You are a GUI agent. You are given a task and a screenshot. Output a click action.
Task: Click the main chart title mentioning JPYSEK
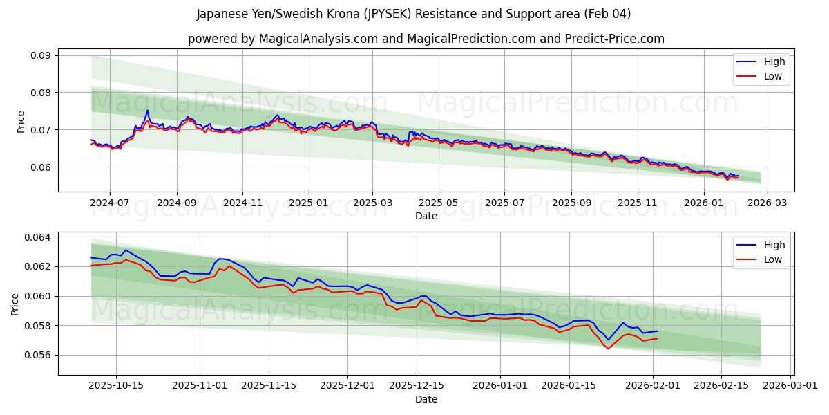tap(414, 14)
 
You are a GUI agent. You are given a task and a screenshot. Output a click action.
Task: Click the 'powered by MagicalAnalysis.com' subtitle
tap(426, 39)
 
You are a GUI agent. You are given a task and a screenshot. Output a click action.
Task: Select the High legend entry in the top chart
tap(774, 62)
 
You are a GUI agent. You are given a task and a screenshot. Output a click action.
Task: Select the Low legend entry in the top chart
tap(773, 76)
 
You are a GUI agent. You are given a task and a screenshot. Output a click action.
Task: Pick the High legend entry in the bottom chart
tap(774, 245)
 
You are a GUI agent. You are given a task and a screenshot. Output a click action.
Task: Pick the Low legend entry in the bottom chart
tap(773, 259)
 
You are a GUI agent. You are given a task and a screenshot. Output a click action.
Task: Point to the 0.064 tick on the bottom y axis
tap(38, 237)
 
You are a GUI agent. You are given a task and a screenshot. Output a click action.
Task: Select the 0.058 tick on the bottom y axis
tap(38, 326)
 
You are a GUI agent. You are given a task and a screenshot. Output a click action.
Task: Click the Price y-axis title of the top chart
tap(21, 121)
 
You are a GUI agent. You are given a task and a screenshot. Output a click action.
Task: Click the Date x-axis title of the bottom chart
tap(426, 399)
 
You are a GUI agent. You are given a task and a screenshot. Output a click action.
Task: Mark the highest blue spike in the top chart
tap(147, 110)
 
